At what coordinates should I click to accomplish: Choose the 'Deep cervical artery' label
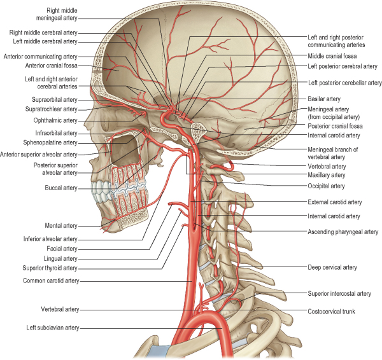click(x=332, y=268)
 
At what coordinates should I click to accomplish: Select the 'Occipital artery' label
click(x=326, y=186)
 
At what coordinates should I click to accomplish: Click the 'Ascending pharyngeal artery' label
click(x=343, y=232)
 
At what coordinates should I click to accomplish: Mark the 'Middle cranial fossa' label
click(x=334, y=56)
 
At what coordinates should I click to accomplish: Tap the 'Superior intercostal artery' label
click(x=339, y=294)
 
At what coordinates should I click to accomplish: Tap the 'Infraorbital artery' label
click(x=55, y=133)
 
